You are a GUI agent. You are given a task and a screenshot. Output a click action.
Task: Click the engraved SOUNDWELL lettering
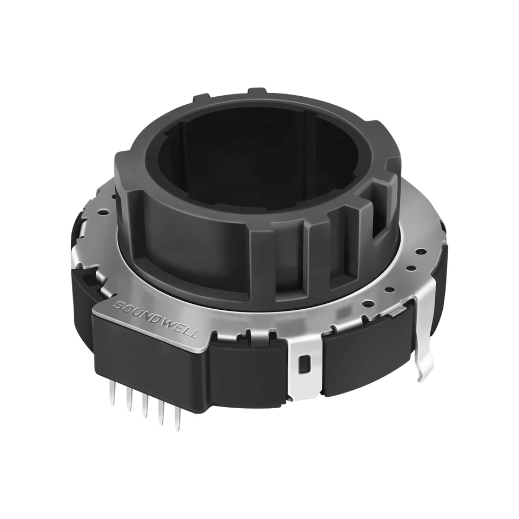coord(155,319)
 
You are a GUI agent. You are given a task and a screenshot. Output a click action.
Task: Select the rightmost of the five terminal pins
coord(179,418)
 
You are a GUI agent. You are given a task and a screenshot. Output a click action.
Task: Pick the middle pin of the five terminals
coord(145,406)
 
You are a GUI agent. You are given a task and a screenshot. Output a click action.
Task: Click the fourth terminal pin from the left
coord(162,412)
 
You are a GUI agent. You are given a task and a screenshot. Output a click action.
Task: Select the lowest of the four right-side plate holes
coord(367,303)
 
